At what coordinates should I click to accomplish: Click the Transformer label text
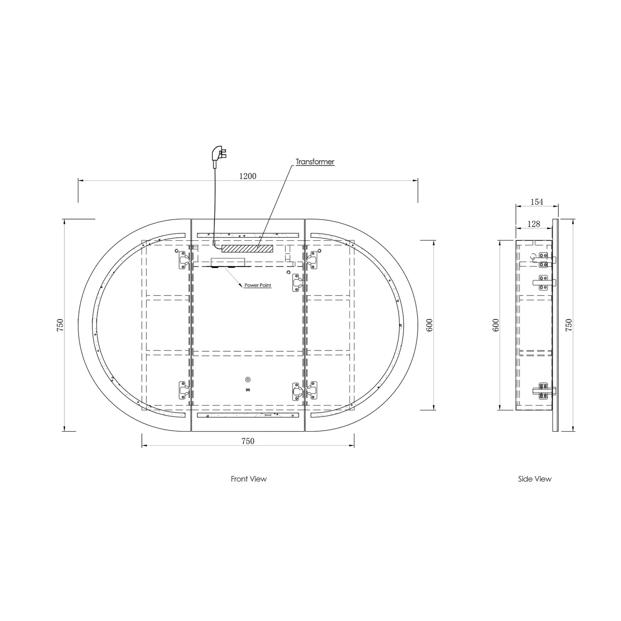[315, 162]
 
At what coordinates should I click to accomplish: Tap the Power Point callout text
[257, 285]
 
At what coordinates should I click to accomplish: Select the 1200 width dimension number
[248, 176]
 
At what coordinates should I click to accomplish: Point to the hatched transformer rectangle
[247, 248]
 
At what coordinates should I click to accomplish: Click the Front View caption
[248, 479]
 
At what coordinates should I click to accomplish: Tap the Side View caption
[535, 479]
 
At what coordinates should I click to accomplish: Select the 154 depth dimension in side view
[537, 202]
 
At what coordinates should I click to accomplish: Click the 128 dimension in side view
[534, 224]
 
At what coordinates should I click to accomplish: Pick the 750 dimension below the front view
[248, 441]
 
